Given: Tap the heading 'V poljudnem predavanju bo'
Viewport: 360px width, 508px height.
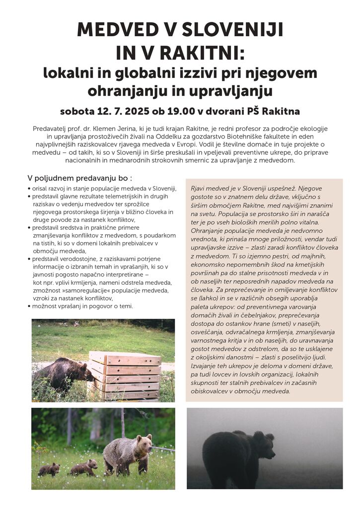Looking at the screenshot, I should (80, 178).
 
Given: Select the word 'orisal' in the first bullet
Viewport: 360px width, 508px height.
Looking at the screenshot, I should (41, 189).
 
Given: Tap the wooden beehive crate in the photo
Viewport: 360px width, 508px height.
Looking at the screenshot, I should (125, 376).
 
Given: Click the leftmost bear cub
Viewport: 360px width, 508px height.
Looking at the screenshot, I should (49, 469).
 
